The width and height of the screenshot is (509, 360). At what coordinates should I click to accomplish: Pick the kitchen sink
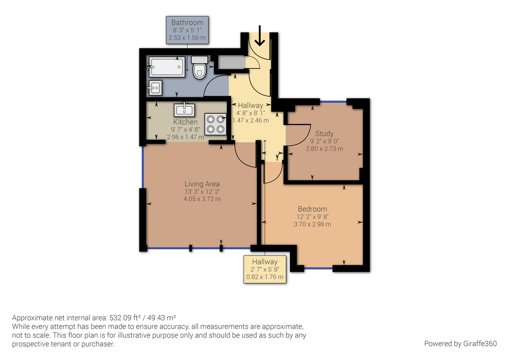[x=184, y=110]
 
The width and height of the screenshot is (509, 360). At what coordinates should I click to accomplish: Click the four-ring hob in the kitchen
[x=215, y=124]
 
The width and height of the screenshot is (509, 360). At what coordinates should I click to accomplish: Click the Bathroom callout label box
[x=187, y=30]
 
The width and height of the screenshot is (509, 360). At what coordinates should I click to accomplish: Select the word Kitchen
[x=185, y=122]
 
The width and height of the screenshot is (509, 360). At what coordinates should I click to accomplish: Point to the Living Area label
[x=202, y=184]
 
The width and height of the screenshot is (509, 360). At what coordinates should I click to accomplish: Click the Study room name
[x=324, y=133]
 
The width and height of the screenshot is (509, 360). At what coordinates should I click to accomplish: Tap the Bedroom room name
[x=312, y=209]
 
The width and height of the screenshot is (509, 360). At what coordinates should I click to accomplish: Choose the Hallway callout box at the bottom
[x=265, y=270]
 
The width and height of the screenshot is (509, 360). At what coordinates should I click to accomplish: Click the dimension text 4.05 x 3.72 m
[x=202, y=199]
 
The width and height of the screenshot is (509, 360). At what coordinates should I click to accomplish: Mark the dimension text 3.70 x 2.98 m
[x=312, y=224]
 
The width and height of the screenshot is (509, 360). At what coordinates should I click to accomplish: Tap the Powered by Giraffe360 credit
[x=460, y=343]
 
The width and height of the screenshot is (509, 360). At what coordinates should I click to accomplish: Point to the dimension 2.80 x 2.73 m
[x=324, y=149]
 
